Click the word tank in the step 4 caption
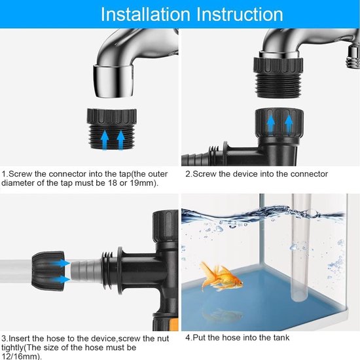[x=280, y=340]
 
